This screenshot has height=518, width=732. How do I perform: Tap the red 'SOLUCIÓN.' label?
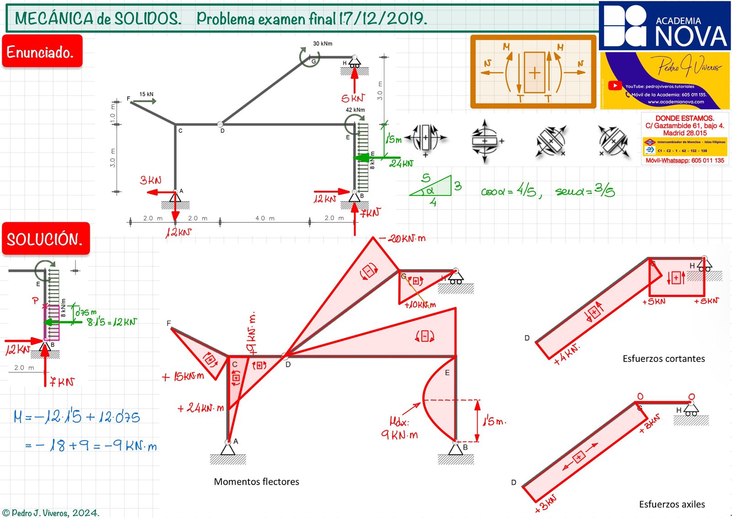point(45,239)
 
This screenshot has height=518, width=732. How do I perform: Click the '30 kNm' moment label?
point(323,43)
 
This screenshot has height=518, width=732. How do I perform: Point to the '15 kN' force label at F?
point(146,94)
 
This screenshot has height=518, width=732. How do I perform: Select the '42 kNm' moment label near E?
point(355,110)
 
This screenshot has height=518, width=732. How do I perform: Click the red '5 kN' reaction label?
point(353,98)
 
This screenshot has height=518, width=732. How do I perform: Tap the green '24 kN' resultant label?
point(401,163)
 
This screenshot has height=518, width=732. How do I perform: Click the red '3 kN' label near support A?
point(151,180)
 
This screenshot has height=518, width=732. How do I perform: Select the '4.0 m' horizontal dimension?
point(265,218)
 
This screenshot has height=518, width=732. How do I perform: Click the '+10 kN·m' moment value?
point(420,304)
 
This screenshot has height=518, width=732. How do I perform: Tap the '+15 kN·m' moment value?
point(183,377)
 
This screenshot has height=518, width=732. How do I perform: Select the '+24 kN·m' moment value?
point(201,408)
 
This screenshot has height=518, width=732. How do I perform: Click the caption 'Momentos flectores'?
point(256,481)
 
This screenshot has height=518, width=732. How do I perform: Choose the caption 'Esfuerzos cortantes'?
point(663,359)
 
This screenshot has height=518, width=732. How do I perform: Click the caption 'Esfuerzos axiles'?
point(672,504)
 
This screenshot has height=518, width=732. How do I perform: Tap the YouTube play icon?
point(615,86)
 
